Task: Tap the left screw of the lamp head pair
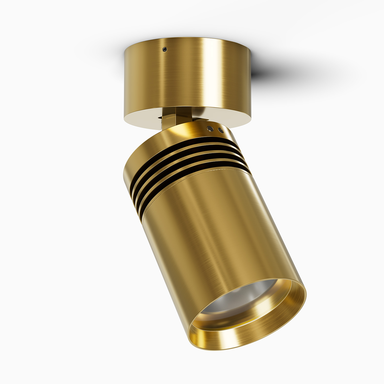(x=210, y=128)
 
